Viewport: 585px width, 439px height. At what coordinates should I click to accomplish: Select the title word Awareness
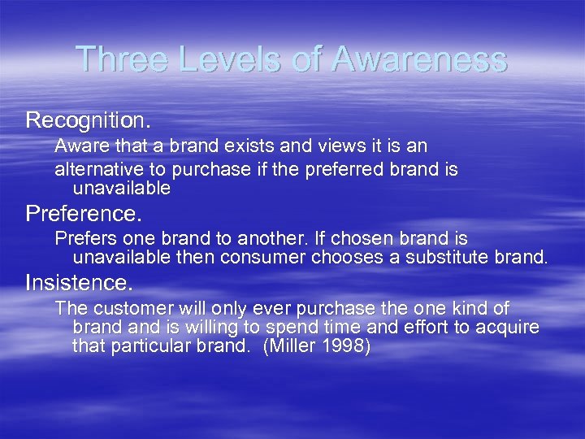(x=420, y=59)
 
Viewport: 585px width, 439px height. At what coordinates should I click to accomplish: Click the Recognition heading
(x=88, y=120)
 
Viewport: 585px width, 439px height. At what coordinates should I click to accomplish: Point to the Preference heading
(x=84, y=215)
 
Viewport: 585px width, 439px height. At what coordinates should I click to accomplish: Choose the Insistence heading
(x=79, y=283)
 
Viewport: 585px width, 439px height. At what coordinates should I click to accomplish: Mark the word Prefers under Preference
(x=84, y=239)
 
